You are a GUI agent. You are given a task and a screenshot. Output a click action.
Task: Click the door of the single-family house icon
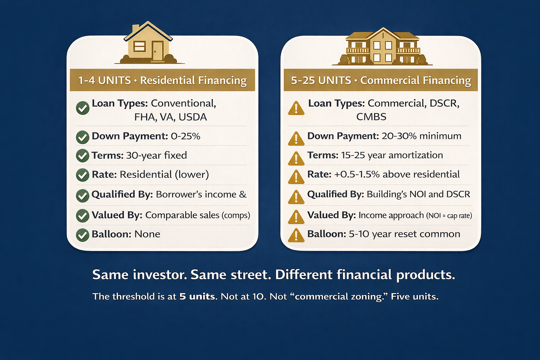pos(157,51)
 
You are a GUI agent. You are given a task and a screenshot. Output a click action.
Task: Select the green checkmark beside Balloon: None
pos(83,234)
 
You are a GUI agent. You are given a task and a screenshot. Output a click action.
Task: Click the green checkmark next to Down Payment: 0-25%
pos(83,137)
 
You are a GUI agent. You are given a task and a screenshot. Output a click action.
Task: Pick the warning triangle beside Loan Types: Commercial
pos(296,108)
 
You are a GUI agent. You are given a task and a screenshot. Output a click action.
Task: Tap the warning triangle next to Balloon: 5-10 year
pos(296,235)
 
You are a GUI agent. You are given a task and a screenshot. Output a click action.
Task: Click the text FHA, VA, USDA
pos(171,117)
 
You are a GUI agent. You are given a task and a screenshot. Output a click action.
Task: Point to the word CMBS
pos(371,117)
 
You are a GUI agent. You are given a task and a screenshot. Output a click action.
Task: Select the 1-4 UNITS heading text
pos(104,81)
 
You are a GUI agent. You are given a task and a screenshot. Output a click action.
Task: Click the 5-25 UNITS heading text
pos(321,81)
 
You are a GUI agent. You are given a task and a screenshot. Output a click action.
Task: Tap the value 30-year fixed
pos(156,155)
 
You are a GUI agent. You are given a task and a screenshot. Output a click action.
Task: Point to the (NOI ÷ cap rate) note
pos(449,216)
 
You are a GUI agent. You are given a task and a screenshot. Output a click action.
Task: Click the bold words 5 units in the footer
pos(197,296)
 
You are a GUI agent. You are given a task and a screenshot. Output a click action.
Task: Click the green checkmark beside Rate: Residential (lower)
pos(83,175)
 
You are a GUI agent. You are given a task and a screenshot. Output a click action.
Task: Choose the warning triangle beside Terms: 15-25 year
pos(296,158)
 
